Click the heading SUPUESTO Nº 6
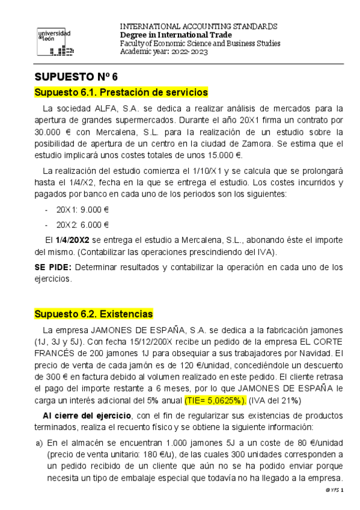(x=77, y=77)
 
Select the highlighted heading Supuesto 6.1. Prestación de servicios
(x=121, y=93)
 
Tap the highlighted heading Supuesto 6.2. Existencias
(x=93, y=314)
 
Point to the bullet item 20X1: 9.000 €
(x=82, y=210)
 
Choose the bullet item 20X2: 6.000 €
(x=82, y=225)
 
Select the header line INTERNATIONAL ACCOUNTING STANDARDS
(x=199, y=26)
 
